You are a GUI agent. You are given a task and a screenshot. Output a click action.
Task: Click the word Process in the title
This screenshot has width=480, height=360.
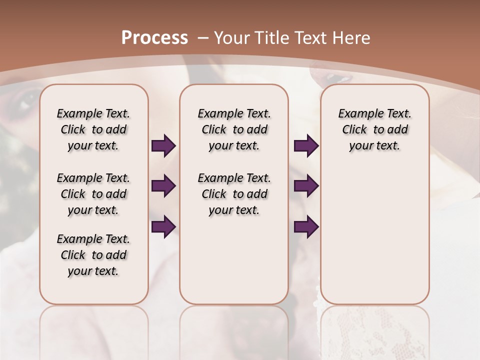(154, 38)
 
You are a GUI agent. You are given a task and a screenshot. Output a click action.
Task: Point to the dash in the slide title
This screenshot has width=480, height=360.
(203, 38)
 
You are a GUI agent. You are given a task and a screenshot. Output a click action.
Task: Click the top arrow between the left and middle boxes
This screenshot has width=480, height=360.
(163, 145)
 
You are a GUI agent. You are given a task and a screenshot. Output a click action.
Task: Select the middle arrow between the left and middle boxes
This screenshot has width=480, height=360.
(163, 186)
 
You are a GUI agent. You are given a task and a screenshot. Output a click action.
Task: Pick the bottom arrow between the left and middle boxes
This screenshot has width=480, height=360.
(163, 226)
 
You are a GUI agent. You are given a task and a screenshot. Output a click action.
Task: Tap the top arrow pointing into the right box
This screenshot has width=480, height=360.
(306, 145)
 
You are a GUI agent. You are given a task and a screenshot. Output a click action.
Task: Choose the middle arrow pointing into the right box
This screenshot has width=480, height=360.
(306, 186)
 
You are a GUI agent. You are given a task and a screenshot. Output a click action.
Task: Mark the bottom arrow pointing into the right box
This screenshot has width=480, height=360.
(306, 226)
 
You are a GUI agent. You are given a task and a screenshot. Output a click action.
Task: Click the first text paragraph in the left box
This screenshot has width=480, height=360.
(93, 129)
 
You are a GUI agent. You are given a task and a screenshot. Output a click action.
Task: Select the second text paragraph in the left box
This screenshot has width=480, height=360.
(93, 194)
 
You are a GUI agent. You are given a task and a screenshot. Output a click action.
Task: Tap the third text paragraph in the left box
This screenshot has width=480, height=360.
(93, 255)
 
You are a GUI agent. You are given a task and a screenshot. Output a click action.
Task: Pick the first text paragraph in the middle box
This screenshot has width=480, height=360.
(234, 129)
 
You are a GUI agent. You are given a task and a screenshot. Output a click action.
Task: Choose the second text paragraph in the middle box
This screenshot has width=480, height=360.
(234, 194)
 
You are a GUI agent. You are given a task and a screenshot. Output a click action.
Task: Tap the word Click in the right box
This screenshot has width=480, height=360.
(354, 130)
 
